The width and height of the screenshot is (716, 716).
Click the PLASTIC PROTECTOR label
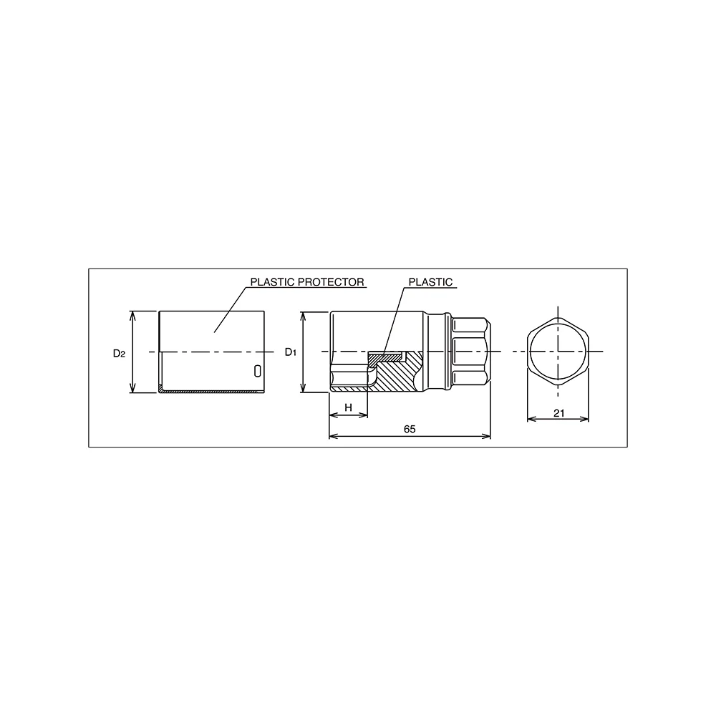[x=307, y=281]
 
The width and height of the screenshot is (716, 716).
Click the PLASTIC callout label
[x=430, y=281]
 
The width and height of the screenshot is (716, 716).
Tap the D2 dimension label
[x=119, y=353]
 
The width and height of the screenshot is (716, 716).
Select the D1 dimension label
[x=291, y=352]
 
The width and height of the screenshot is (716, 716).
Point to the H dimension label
[x=349, y=407]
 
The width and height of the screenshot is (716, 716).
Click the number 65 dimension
[x=410, y=429]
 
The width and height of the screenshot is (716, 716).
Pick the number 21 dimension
[x=559, y=413]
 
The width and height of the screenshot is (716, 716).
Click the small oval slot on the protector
[x=258, y=371]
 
